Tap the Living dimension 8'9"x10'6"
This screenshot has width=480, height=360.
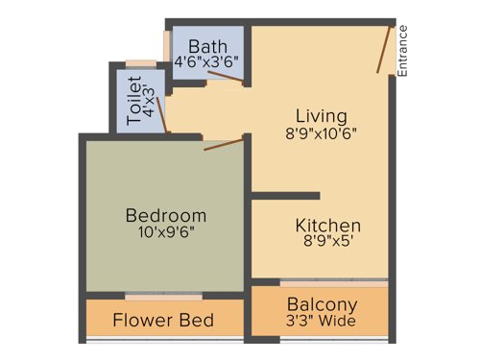pyautogui.click(x=321, y=134)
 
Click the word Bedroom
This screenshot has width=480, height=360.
pyautogui.click(x=166, y=215)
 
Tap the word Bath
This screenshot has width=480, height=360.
pyautogui.click(x=207, y=46)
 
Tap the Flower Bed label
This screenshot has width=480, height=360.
pyautogui.click(x=163, y=320)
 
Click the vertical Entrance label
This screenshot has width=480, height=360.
pyautogui.click(x=403, y=51)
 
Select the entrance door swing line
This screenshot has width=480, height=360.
pyautogui.click(x=384, y=48)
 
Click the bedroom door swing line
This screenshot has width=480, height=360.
pyautogui.click(x=225, y=144)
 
